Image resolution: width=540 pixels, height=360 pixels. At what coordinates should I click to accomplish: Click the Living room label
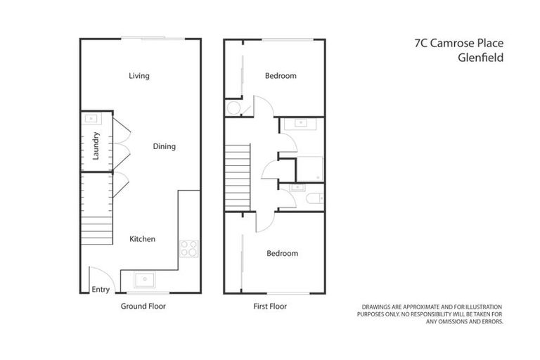[x=139, y=76]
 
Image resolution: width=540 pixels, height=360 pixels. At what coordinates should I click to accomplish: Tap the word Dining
[x=164, y=146]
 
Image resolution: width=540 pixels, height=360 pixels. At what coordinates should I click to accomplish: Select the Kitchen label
[x=142, y=239]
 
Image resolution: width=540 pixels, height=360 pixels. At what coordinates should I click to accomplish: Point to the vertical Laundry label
[x=96, y=146]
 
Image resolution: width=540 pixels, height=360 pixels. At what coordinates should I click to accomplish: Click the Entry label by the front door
[x=101, y=289]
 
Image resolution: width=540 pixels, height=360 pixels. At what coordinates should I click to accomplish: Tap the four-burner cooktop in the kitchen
[x=189, y=247]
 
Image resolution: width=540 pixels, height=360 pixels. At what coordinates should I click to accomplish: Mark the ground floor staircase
[x=96, y=211]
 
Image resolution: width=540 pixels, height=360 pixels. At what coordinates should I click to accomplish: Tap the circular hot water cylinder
[x=233, y=108]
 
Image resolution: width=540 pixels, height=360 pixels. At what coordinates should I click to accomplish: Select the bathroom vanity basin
[x=302, y=123]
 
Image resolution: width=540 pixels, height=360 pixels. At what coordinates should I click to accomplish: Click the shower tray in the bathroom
[x=309, y=169]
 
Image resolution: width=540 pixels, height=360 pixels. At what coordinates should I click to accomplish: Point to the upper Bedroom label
[x=281, y=76]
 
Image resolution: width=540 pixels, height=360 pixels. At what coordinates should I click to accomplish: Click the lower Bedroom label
[x=281, y=253]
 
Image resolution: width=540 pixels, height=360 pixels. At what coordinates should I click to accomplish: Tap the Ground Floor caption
[x=143, y=307]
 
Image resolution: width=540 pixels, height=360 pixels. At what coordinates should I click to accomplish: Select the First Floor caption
[x=269, y=307]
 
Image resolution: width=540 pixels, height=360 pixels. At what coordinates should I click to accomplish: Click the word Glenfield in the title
[x=480, y=59]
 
